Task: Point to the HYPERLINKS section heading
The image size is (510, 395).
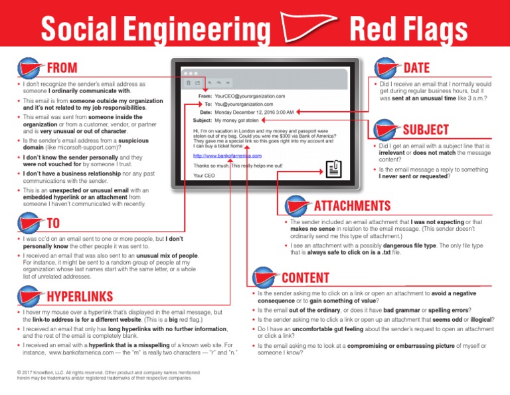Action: [78, 297]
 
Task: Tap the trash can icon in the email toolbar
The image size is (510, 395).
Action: [189, 83]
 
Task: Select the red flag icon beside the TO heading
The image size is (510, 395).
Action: [29, 223]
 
